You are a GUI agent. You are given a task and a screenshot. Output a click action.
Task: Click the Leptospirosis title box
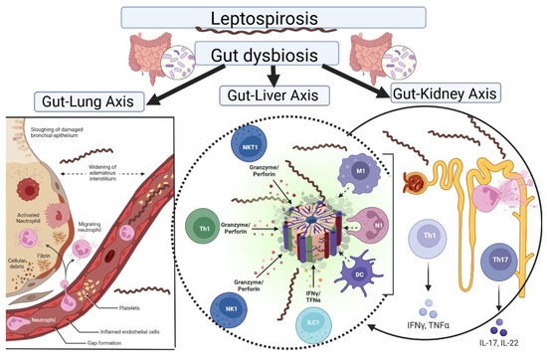273,17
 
